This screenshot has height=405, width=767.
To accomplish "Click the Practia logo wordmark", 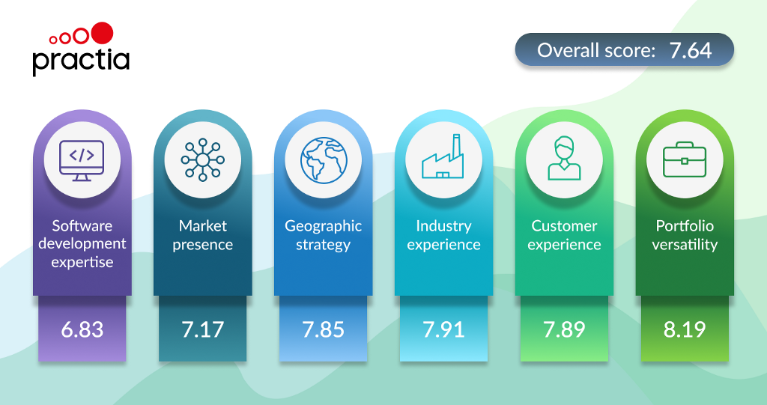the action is tap(81, 61).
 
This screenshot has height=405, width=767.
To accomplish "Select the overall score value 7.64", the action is tap(690, 50).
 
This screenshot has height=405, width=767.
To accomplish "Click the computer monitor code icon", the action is tap(82, 160).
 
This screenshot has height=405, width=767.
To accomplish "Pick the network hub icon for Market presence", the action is tap(202, 160).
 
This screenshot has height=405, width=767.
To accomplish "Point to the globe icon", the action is tap(324, 160).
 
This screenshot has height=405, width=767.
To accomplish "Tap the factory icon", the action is tap(443, 156).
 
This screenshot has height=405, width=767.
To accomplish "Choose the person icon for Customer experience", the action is tap(564, 159).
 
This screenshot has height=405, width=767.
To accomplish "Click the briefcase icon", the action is tap(685, 159).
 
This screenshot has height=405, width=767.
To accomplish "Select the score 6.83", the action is tap(82, 329).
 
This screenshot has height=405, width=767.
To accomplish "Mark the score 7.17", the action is tap(202, 329).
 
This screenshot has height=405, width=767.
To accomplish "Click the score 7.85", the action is tap(323, 329).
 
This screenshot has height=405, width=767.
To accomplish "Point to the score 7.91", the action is tap(443, 329).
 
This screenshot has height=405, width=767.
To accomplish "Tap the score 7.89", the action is tap(564, 329).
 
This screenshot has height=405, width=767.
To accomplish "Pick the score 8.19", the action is tap(685, 329).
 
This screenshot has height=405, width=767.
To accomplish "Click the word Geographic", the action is tap(324, 227).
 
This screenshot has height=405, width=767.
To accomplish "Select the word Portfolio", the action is tap(685, 225).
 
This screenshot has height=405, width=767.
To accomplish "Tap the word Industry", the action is tap(443, 227).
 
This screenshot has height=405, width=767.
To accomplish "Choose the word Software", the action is tap(82, 225).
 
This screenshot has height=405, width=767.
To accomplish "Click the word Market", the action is tap(202, 225).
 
